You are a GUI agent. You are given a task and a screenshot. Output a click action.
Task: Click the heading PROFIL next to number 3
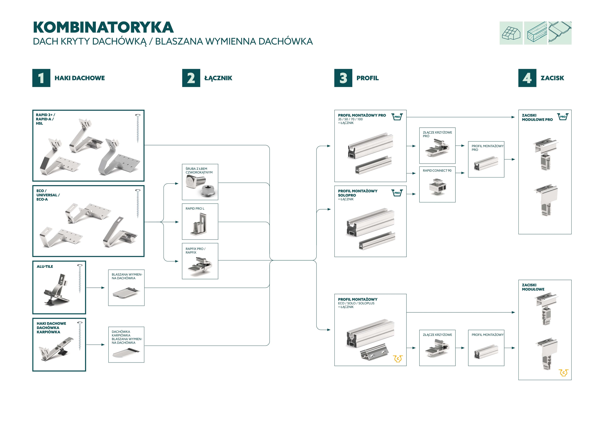point(367,78)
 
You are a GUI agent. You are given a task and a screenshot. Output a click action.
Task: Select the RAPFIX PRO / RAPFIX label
point(196,251)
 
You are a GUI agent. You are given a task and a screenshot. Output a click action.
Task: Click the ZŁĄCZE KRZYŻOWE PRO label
point(437,134)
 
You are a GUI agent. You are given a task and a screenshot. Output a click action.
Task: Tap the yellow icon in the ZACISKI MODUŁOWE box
point(563,373)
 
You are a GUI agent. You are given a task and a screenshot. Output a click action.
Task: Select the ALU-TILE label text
point(45,267)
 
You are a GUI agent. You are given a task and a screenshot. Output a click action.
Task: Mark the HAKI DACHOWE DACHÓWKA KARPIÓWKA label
point(51,328)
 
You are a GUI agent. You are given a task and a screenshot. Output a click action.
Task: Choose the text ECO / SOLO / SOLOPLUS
point(356,303)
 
